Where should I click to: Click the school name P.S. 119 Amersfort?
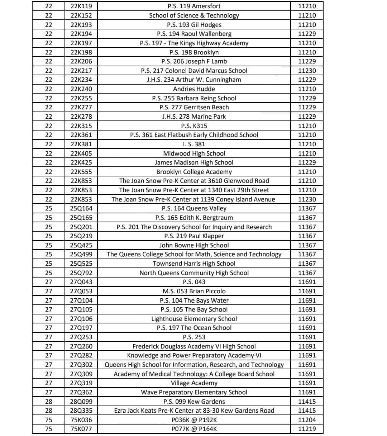[194, 6]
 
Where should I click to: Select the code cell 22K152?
[81, 15]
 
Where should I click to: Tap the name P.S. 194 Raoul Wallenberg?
[194, 34]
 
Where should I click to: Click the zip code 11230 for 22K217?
[307, 71]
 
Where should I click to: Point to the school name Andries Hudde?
[194, 89]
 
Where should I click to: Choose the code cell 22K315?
[81, 126]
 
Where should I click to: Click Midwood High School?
[194, 153]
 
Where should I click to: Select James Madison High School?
[194, 162]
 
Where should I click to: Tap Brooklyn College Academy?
[194, 172]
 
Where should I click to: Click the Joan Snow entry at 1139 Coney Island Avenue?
[194, 199]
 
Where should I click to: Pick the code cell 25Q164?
[81, 208]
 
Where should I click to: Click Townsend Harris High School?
[194, 264]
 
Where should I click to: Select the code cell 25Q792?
[81, 273]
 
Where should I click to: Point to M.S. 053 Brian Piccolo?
[194, 291]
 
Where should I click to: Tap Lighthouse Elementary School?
[194, 319]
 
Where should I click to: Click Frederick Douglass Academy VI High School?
[194, 346]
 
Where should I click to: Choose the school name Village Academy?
[194, 383]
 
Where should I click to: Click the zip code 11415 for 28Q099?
[307, 402]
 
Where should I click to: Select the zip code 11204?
[307, 420]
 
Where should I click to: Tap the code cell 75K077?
[81, 429]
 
